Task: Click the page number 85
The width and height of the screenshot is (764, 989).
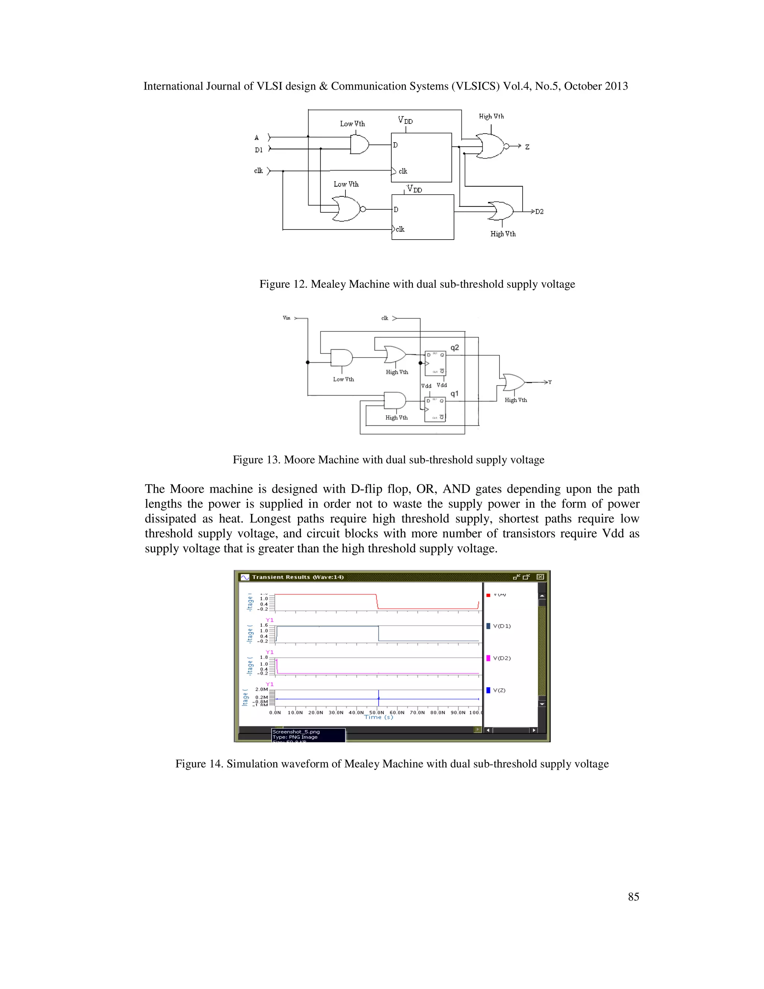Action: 633,896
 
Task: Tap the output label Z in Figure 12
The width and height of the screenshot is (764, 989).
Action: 527,147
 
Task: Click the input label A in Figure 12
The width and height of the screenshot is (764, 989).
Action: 257,138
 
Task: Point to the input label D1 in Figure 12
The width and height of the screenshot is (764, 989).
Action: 259,150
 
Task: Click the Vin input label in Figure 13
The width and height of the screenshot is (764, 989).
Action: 286,318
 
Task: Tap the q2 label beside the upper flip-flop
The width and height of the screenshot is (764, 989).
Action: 454,348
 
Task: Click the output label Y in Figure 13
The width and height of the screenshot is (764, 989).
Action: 550,382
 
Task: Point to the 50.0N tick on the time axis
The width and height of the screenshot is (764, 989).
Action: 376,712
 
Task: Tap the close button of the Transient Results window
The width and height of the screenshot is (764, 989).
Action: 540,577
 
